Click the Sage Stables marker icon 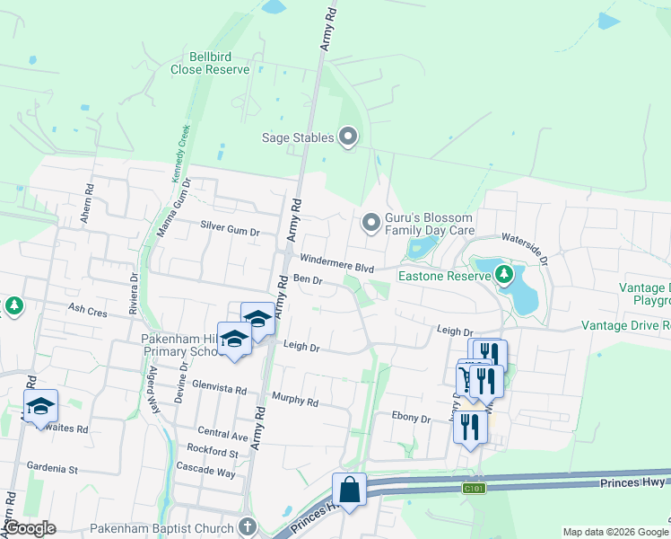coord(348,137)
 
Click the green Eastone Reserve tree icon coord(504,275)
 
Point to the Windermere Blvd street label coord(336,262)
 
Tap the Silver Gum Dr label coord(230,230)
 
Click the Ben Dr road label coord(308,281)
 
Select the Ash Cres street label coord(87,311)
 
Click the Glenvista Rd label coord(220,389)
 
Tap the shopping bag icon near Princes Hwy coord(348,490)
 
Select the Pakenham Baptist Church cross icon coord(248,527)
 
